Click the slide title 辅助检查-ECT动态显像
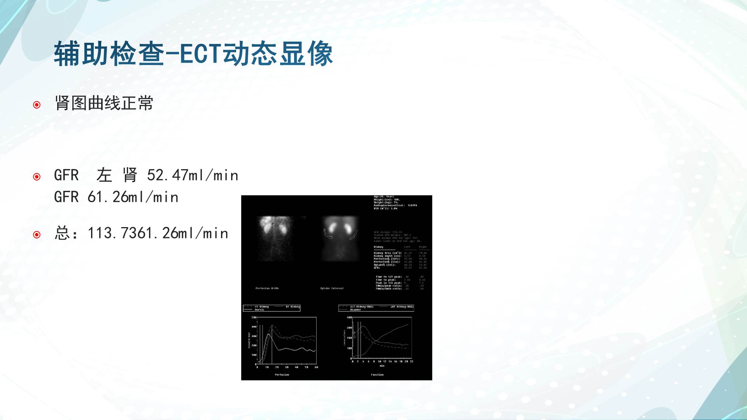[x=193, y=54]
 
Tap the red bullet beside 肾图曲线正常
[x=37, y=105]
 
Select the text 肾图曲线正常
[x=104, y=103]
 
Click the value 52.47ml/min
[x=193, y=175]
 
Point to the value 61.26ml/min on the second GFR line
[x=133, y=197]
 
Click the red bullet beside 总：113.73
[x=37, y=234]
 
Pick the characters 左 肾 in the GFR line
[x=117, y=175]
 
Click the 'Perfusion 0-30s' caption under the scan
[x=267, y=288]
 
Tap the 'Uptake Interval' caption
[x=331, y=288]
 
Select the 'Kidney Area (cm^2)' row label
[x=388, y=253]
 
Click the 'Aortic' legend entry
[x=260, y=310]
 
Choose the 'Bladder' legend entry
[x=356, y=310]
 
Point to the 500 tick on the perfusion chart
[x=254, y=318]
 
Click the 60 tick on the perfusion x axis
[x=316, y=367]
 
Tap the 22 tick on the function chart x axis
[x=412, y=362]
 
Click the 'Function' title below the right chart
[x=377, y=375]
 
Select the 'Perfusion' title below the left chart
[x=282, y=375]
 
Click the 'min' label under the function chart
[x=382, y=366]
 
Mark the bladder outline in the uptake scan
[x=340, y=255]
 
